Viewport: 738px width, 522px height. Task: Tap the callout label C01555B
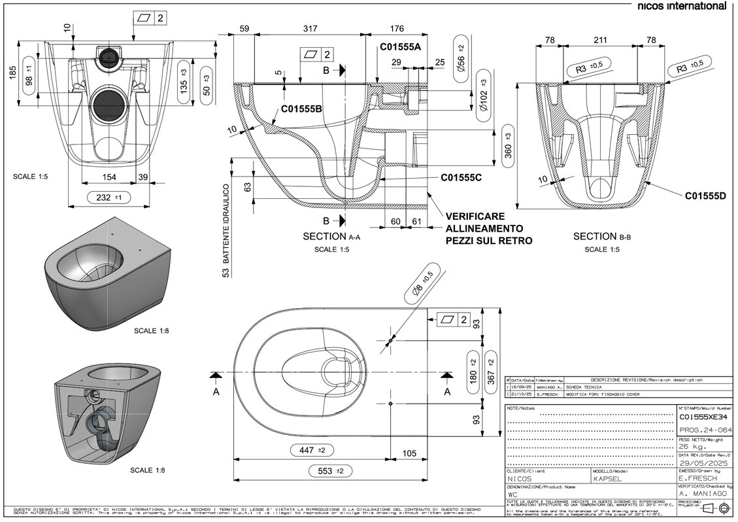(x=301, y=109)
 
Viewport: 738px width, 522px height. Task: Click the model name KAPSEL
(x=607, y=479)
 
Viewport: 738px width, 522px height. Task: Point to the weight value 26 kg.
(x=692, y=446)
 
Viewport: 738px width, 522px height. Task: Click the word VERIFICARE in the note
(x=475, y=216)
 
